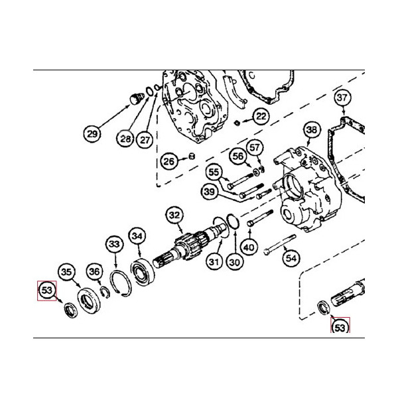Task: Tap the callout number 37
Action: (342, 99)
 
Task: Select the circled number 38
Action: (312, 130)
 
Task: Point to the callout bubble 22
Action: (261, 116)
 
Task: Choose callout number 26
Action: (169, 161)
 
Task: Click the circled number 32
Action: (174, 215)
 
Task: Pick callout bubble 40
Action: (248, 247)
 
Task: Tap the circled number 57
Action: (256, 147)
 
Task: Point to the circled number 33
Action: (115, 245)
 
